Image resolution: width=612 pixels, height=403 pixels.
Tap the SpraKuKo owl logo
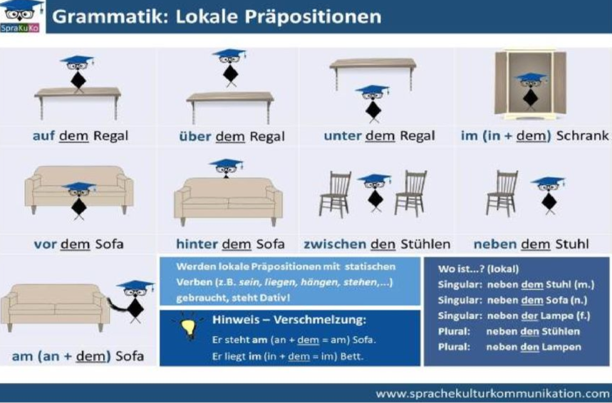click(x=24, y=15)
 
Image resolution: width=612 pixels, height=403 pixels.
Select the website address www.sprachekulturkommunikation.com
click(x=492, y=392)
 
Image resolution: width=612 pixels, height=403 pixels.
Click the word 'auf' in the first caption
click(x=44, y=136)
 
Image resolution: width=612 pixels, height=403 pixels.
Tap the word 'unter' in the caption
click(x=343, y=136)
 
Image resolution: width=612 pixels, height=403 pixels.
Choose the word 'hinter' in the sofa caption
click(x=197, y=244)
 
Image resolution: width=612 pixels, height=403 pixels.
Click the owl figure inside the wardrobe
click(x=530, y=89)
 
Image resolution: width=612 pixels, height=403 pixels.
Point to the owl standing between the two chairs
click(x=374, y=191)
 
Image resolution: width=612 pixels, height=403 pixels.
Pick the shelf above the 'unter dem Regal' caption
click(x=373, y=66)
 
